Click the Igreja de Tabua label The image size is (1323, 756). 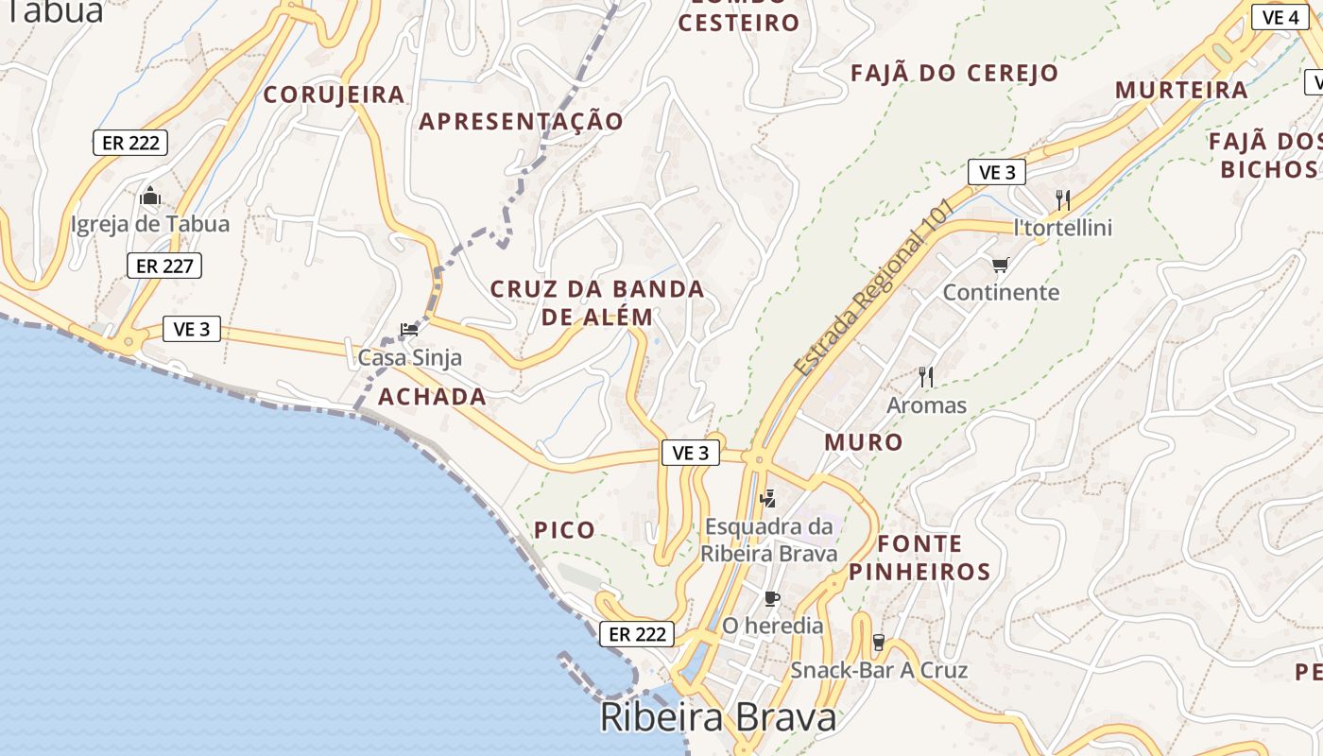pyautogui.click(x=150, y=225)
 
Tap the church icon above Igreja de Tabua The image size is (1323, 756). pyautogui.click(x=150, y=197)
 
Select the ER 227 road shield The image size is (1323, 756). pyautogui.click(x=164, y=266)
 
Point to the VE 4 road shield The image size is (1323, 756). pyautogui.click(x=1280, y=17)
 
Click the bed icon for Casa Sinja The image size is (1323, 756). pyautogui.click(x=409, y=330)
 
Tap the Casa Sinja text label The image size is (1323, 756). pyautogui.click(x=409, y=358)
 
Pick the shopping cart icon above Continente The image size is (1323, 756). pyautogui.click(x=1000, y=266)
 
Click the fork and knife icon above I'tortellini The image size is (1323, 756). pyautogui.click(x=1063, y=199)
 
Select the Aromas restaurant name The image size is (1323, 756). pyautogui.click(x=926, y=405)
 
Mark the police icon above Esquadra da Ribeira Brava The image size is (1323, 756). pyautogui.click(x=768, y=498)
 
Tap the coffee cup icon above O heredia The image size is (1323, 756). pyautogui.click(x=772, y=598)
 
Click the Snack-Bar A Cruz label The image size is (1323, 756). pyautogui.click(x=879, y=671)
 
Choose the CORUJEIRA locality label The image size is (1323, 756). pyautogui.click(x=335, y=94)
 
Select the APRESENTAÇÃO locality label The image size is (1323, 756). pyautogui.click(x=522, y=121)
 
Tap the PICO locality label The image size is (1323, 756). pyautogui.click(x=565, y=530)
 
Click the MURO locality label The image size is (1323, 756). pyautogui.click(x=864, y=441)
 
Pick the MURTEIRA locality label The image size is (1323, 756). pyautogui.click(x=1181, y=91)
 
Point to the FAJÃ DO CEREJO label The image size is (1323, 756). pyautogui.click(x=954, y=74)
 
